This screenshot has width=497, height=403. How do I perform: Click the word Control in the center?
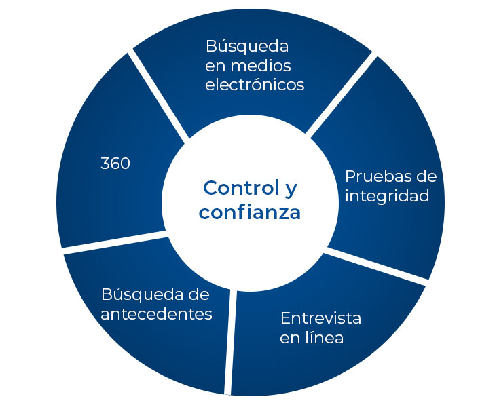(x=239, y=188)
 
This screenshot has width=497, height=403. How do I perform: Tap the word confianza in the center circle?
(x=249, y=212)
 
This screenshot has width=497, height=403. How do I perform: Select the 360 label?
(x=115, y=164)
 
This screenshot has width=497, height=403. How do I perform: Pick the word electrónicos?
(x=255, y=85)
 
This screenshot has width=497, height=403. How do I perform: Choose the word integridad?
(x=387, y=196)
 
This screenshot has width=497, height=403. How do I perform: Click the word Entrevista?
(x=320, y=318)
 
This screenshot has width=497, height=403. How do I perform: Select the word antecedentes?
(x=156, y=314)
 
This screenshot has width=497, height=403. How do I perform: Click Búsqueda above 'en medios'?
(x=247, y=47)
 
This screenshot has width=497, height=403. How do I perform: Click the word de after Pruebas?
(x=427, y=176)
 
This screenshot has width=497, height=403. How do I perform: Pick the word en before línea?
(x=290, y=339)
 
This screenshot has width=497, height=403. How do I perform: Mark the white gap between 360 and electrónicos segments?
(x=158, y=96)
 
